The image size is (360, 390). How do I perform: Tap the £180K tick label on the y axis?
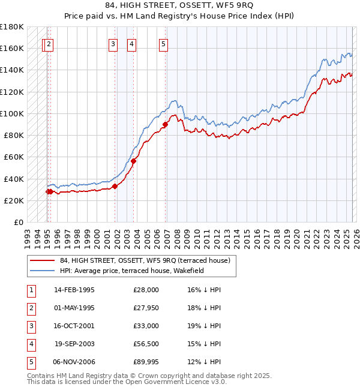pos(12,26)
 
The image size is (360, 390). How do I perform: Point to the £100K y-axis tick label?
pos(12,113)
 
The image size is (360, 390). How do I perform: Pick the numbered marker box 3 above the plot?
pos(113,43)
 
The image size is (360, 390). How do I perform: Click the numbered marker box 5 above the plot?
pos(164,43)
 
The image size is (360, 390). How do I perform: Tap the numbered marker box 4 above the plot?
pos(131,43)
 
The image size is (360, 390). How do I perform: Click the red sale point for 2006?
pos(165,125)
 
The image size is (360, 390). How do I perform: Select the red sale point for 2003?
pos(134,161)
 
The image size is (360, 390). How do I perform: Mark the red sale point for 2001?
pos(115,186)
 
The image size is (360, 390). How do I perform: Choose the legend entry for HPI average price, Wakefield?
pos(132,271)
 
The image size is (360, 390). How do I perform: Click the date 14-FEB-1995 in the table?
pos(74,290)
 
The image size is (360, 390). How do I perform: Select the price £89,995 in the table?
pos(146,362)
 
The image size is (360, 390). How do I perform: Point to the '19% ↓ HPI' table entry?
pos(204,326)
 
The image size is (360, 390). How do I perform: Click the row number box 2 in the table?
pos(30,308)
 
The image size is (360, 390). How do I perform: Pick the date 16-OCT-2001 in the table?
pos(74,326)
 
